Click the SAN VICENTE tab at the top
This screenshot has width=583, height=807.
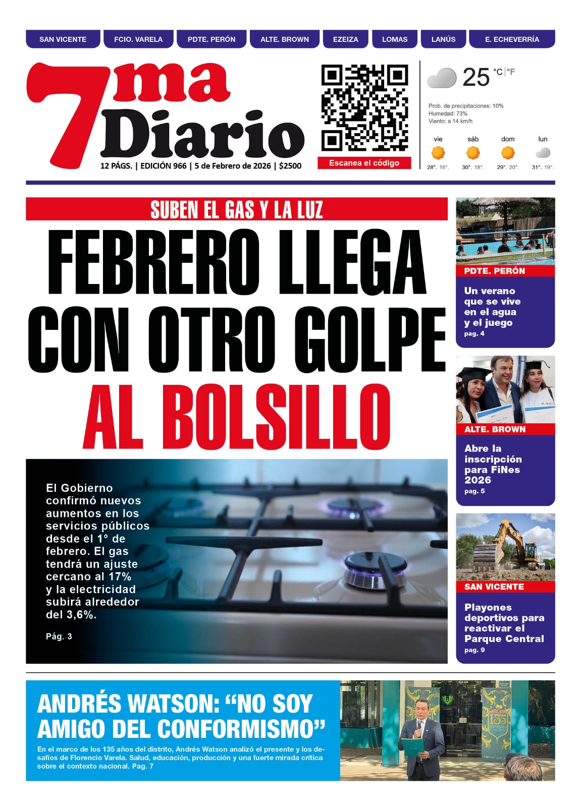click(x=63, y=39)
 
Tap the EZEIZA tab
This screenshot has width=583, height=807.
click(x=345, y=39)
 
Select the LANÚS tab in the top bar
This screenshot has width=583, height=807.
click(x=443, y=39)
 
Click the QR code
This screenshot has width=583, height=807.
click(x=364, y=108)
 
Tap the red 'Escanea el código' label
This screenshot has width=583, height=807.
click(x=364, y=163)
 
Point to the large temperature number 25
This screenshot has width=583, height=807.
click(x=476, y=78)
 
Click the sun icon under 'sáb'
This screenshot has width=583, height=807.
click(x=473, y=152)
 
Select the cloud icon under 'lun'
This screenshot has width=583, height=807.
click(x=543, y=152)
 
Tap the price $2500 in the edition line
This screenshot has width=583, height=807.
click(x=290, y=166)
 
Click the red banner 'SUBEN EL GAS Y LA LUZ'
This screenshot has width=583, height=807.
click(x=236, y=209)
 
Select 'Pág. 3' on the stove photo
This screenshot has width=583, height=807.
click(x=59, y=637)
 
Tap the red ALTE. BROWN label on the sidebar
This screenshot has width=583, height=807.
click(x=495, y=429)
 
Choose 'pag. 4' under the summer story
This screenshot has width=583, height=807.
click(x=474, y=333)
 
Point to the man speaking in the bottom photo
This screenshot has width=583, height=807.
click(x=421, y=736)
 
